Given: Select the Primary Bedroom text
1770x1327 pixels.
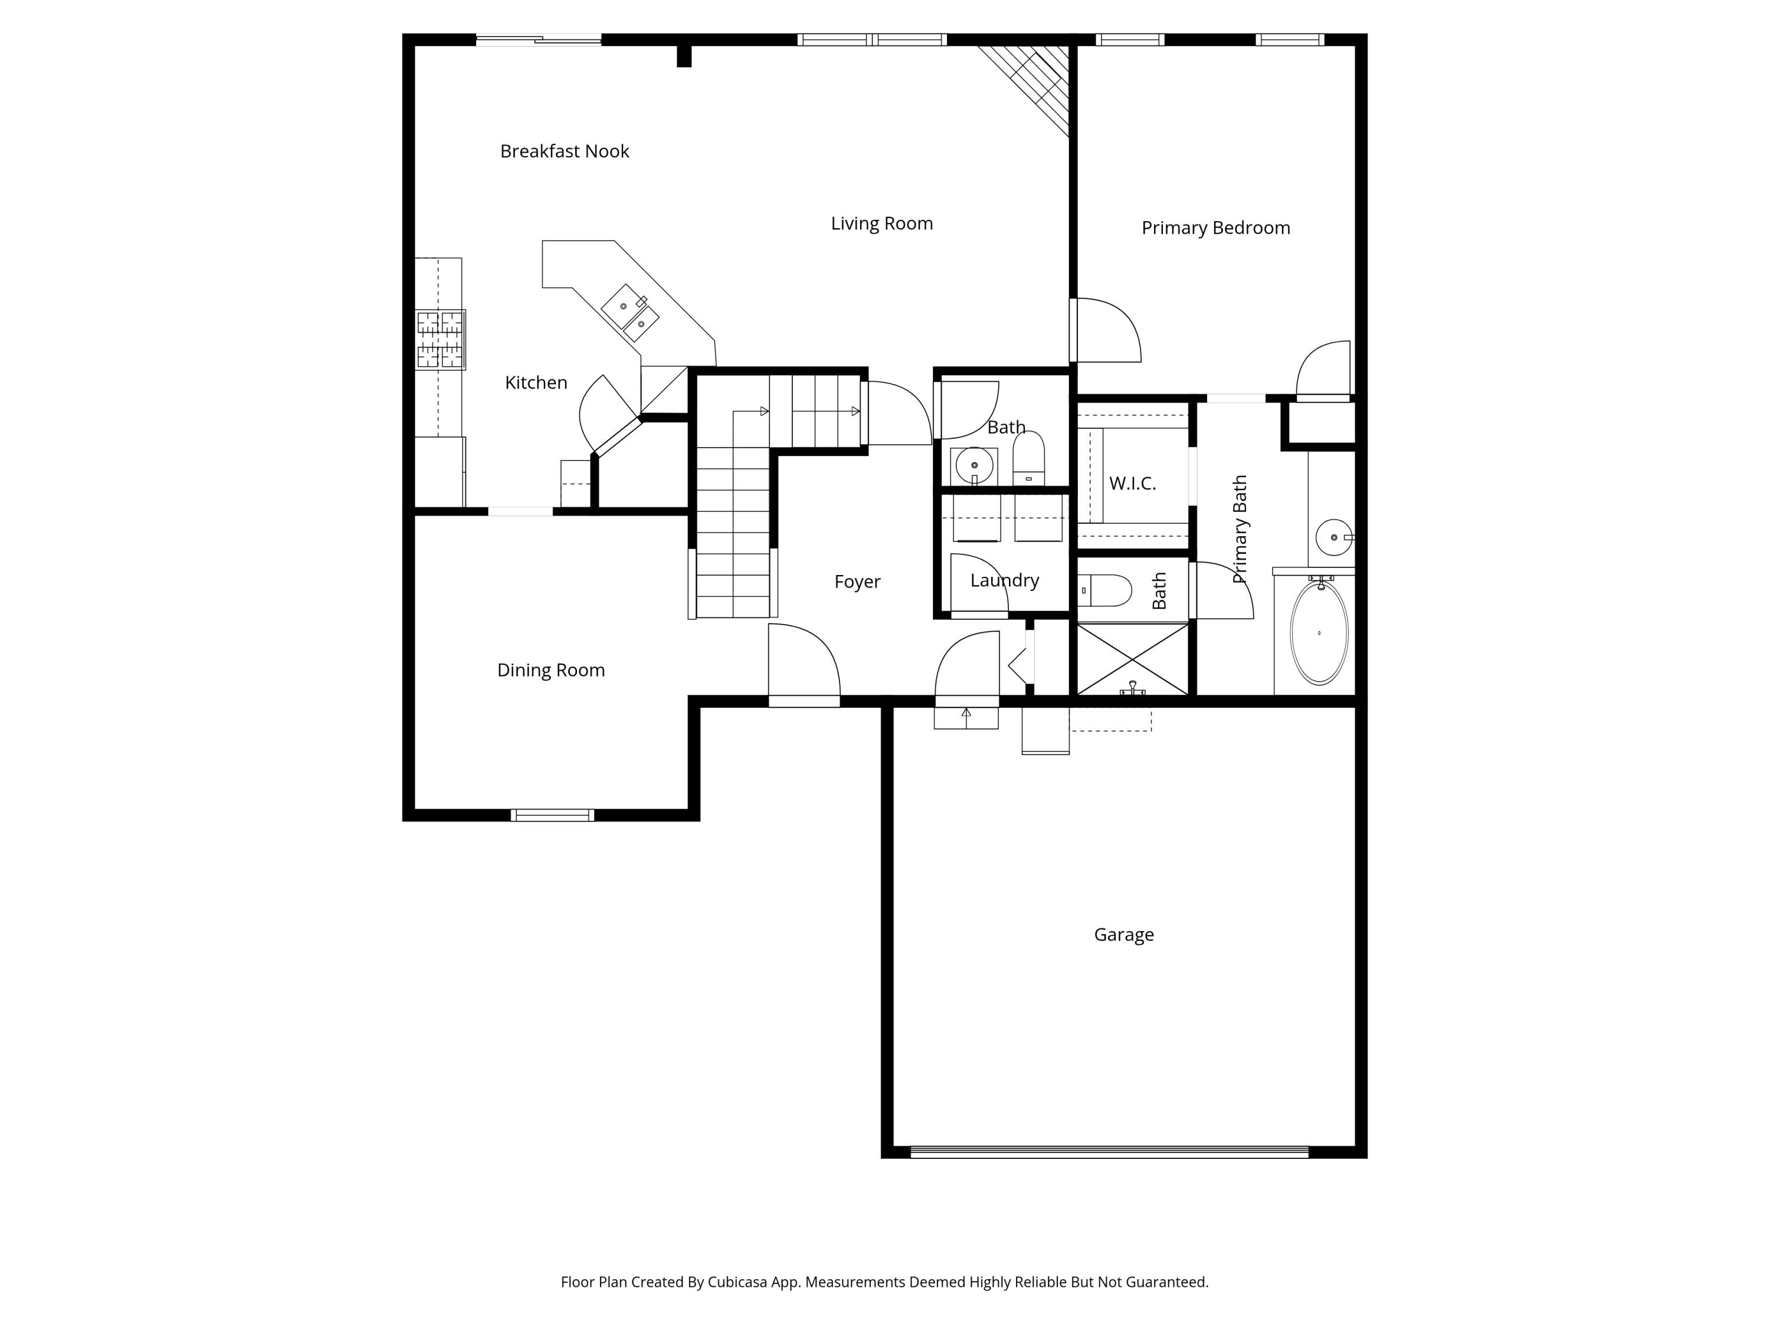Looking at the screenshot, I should pos(1215,228).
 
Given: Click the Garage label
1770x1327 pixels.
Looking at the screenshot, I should pos(1123,934).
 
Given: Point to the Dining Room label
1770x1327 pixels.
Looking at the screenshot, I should pos(550,671).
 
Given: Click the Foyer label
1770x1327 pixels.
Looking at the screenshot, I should pos(857,582).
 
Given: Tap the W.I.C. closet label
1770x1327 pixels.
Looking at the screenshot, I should pos(1132,483).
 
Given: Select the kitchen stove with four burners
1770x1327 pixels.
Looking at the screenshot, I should pos(440,340).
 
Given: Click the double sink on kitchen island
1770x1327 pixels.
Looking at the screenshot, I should pos(631,314).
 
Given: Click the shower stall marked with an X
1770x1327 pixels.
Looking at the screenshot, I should pos(1132,659).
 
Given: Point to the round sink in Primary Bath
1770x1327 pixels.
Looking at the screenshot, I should pos(1333,537).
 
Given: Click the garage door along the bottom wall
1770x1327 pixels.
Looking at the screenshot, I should pos(1109,1152).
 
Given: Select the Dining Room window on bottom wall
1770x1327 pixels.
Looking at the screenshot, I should pos(552,815).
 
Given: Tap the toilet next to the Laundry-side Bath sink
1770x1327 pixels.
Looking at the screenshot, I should pos(1028,458).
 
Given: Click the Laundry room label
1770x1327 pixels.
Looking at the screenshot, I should pos(1004,581).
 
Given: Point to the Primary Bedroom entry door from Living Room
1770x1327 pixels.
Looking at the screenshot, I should pos(1107,330).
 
